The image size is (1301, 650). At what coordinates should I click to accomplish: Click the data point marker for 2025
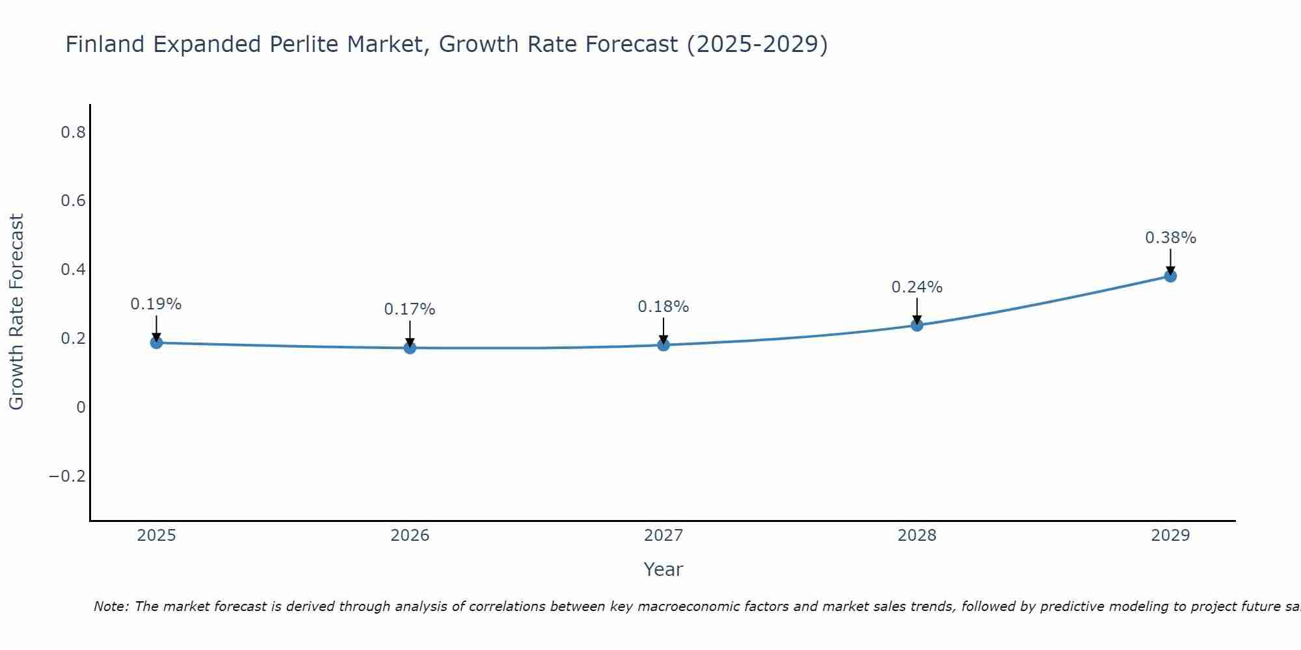(x=156, y=343)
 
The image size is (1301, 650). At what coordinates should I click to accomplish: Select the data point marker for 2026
(x=410, y=348)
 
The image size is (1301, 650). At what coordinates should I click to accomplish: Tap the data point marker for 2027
(x=664, y=344)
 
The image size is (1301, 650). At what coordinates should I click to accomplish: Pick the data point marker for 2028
(x=917, y=324)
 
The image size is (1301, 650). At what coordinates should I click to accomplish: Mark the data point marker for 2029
(x=1170, y=276)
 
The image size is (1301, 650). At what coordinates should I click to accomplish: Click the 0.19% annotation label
(x=156, y=304)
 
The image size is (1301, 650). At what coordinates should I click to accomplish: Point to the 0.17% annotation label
(x=410, y=309)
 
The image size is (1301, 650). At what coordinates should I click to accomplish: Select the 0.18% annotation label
(x=664, y=307)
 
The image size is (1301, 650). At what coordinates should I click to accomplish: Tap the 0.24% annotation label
(x=917, y=287)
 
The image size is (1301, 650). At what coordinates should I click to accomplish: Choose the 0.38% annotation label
(x=1170, y=238)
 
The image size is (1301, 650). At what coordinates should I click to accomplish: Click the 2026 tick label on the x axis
(x=410, y=536)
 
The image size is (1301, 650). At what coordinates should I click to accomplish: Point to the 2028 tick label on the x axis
(x=917, y=536)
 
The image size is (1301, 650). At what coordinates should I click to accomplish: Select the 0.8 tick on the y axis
(x=73, y=133)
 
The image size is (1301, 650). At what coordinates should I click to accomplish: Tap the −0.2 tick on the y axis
(x=67, y=476)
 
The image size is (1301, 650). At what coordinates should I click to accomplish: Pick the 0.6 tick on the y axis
(x=73, y=201)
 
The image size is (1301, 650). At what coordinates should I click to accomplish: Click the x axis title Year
(x=663, y=569)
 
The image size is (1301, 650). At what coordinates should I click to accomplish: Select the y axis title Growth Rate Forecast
(x=16, y=312)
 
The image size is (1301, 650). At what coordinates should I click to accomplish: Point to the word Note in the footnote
(x=111, y=606)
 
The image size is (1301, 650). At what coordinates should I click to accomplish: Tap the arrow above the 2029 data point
(x=1170, y=262)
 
